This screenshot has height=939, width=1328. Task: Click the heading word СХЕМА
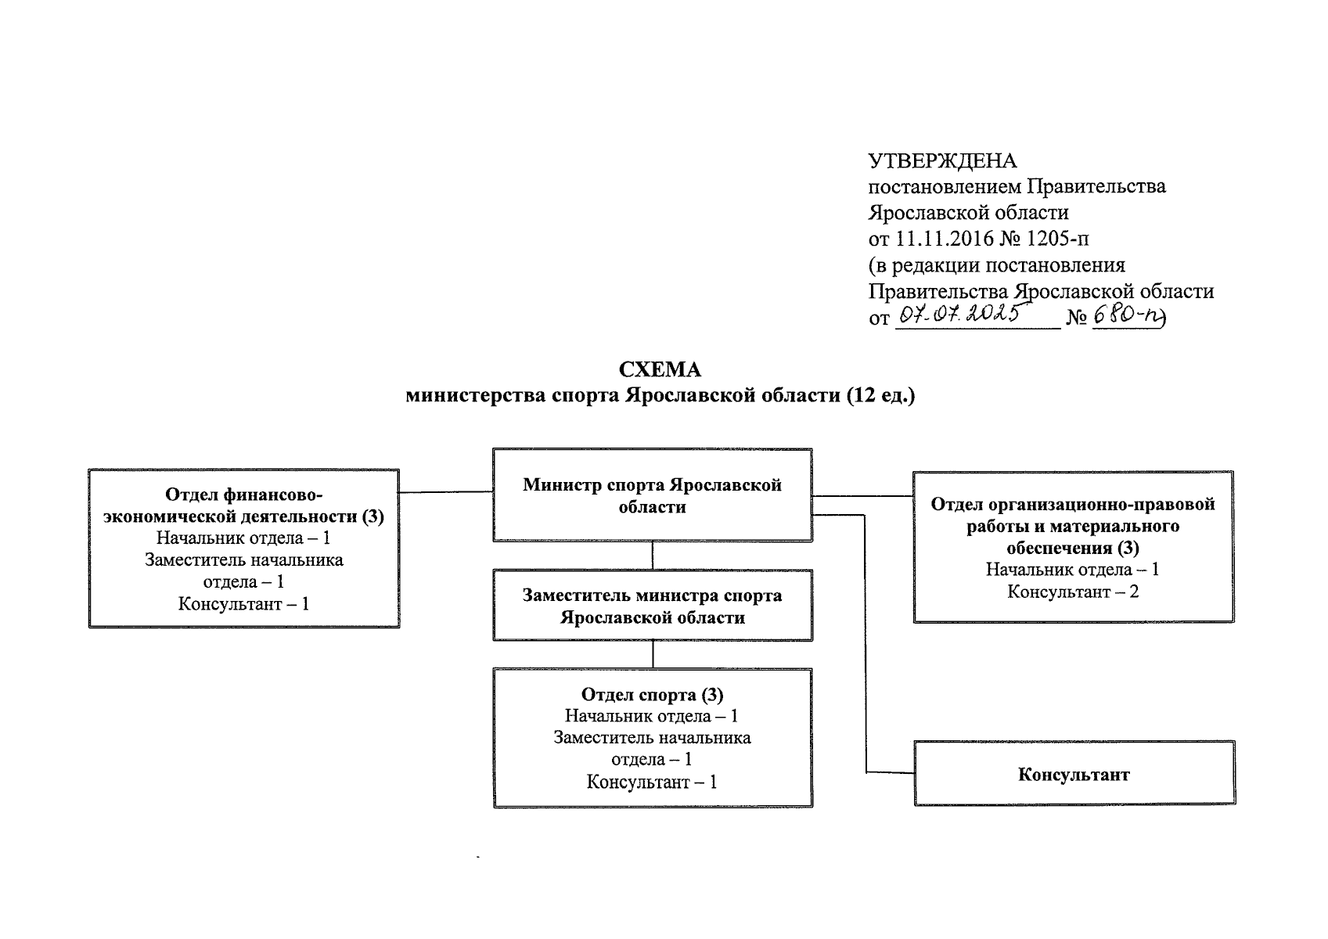[x=660, y=370]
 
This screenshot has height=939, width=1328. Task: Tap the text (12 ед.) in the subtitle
[x=880, y=396]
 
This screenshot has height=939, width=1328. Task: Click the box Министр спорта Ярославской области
[x=652, y=495]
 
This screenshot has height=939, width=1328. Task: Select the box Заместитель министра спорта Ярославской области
[x=652, y=606]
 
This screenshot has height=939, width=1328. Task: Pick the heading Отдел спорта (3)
[x=652, y=695]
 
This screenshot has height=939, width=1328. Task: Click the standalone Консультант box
[x=1074, y=775]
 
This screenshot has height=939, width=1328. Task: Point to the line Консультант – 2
[x=1072, y=592]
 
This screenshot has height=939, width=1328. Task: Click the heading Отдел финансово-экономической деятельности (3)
[x=243, y=505]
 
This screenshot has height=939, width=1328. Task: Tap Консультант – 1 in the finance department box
[x=243, y=604]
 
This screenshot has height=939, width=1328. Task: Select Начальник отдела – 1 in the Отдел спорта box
[x=652, y=716]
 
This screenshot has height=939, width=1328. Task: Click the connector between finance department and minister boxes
[x=445, y=492]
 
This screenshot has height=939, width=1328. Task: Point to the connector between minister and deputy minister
[x=653, y=556]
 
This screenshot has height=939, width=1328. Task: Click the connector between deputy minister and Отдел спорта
[x=653, y=655]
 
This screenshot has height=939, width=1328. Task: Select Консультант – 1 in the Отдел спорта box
[x=652, y=782]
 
